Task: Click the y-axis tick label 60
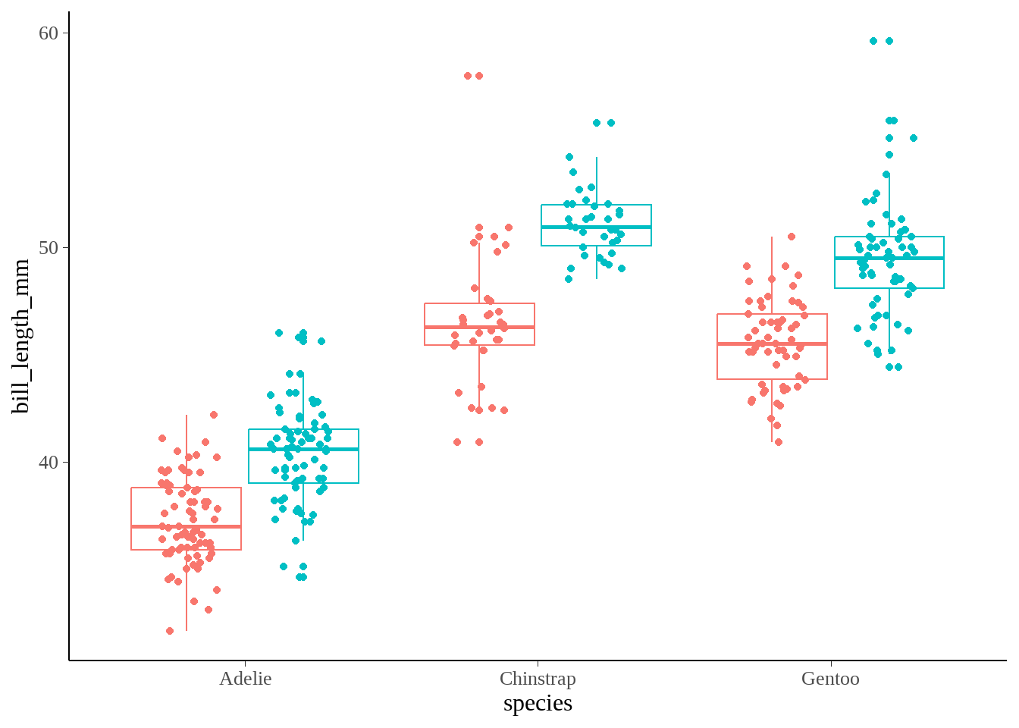48,33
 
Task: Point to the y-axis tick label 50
48,248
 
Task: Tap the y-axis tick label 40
48,463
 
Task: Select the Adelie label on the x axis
245,679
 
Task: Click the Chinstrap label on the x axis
538,679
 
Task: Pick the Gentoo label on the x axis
830,679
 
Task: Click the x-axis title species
538,703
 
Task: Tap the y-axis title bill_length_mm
20,336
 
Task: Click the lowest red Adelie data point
170,631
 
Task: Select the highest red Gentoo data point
792,237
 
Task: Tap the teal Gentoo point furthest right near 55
914,138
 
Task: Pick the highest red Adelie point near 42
214,415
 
